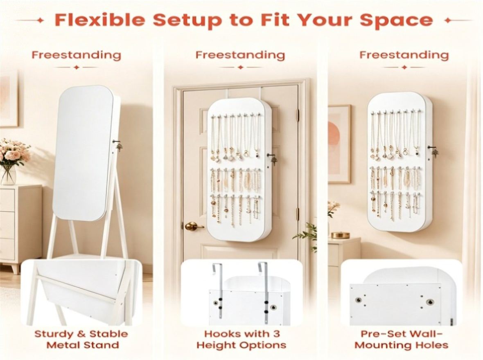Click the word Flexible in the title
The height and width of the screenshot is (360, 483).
click(99, 20)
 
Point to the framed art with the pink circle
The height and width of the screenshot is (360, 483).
click(339, 144)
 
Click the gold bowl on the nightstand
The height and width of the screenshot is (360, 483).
click(341, 235)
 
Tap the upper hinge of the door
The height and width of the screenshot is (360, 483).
click(297, 115)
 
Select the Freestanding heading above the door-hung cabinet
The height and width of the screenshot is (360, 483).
click(240, 55)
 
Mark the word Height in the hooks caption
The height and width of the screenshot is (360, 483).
click(214, 345)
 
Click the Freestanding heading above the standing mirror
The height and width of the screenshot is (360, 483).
click(77, 55)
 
